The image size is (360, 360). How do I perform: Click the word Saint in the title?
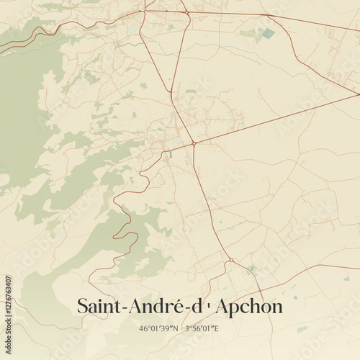click(x=99, y=306)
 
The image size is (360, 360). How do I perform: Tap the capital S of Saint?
click(x=81, y=306)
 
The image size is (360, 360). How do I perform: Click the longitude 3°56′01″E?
click(x=202, y=329)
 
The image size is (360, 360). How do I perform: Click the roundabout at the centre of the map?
click(x=194, y=144)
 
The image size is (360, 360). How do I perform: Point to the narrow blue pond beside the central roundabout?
click(x=172, y=153)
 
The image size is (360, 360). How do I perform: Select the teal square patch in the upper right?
click(x=269, y=33)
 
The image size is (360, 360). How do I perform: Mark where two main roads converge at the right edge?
click(x=356, y=93)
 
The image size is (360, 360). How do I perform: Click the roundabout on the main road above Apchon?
click(x=230, y=260)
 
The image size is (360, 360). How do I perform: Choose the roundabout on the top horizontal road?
click(x=186, y=12)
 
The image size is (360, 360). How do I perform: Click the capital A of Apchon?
click(x=222, y=306)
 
